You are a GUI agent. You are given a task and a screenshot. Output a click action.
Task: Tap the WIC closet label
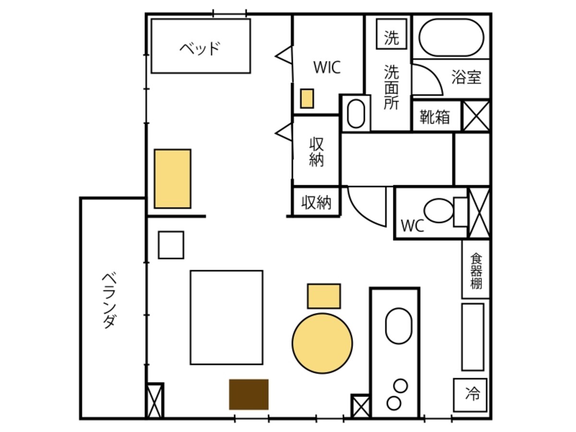coord(327,67)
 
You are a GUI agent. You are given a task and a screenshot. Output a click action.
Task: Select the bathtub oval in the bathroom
coord(451,37)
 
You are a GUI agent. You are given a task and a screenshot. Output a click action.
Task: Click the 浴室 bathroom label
coord(466,77)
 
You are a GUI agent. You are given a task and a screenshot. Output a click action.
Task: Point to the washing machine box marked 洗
coord(391,34)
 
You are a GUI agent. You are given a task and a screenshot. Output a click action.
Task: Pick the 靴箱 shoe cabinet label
coord(435,117)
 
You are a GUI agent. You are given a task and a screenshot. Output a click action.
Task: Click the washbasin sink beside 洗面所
coord(356,114)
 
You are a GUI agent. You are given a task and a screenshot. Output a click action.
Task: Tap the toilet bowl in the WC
coord(439,211)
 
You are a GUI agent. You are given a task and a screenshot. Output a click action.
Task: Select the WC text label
coord(412,225)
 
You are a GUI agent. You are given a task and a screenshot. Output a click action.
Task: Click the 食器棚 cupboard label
coord(476,270)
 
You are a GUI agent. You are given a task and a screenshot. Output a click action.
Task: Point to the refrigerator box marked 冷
coord(470,395)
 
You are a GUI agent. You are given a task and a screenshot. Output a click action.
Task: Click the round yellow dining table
coord(322,343)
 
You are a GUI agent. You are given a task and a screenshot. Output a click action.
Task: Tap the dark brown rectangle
coord(249,394)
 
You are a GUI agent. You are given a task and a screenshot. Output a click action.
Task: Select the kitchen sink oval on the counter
coord(398,326)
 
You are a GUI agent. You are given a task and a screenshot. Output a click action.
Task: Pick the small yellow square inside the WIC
coord(307,98)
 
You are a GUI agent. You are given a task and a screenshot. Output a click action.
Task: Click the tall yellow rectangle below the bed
coord(172,179)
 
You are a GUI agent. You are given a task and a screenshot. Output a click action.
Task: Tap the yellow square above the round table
coord(324,296)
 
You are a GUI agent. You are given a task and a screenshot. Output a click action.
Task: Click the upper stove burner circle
coord(400,385)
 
